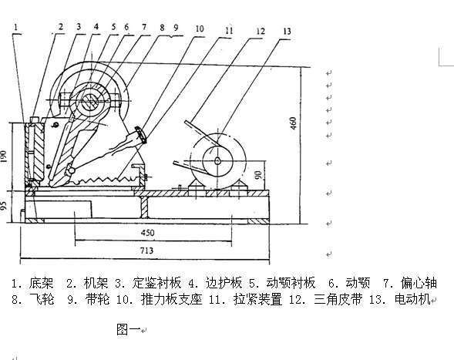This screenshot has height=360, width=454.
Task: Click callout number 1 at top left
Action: pos(16,27)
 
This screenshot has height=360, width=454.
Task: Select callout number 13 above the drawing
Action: pos(287,32)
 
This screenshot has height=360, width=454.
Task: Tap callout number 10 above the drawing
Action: pos(200,29)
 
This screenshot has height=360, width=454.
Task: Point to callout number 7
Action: pos(144,27)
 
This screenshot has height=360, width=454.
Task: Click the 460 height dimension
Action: pos(294,123)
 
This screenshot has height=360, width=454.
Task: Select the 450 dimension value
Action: pos(147,233)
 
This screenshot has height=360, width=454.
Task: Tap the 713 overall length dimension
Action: pos(146,251)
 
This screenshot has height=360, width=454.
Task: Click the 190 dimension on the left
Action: pos(4,156)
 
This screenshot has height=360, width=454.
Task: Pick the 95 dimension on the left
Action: pos(4,206)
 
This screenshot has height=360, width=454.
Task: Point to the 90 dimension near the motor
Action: pos(258,175)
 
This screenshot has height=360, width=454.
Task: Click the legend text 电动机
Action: pos(412,299)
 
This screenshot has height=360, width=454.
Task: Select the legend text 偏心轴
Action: pos(419,283)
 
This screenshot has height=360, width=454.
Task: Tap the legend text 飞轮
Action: pos(42,299)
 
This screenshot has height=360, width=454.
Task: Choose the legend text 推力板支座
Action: pos(171,299)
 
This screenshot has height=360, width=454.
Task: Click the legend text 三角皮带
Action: pos(338,299)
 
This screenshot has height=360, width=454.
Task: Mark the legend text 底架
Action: pos(41,283)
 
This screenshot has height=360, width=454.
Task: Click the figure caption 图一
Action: pos(129,330)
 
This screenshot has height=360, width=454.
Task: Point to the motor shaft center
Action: pos(217,161)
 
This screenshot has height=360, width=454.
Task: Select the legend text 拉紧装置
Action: pos(257,299)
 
